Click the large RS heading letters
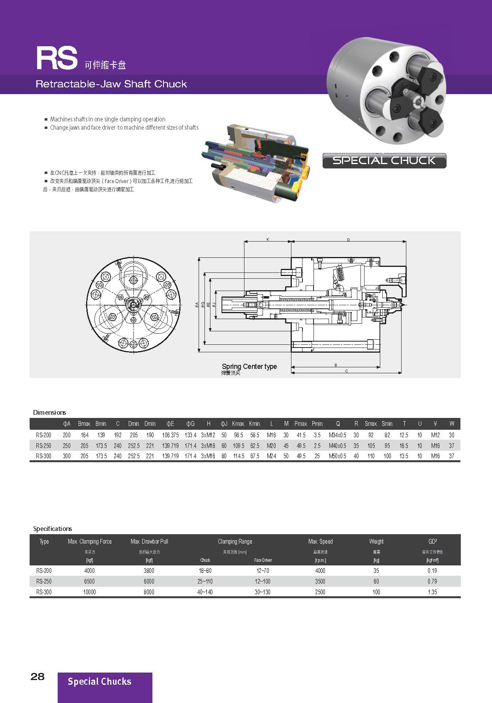pos(56,59)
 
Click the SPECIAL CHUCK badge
pos(384,161)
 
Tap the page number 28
pos(38,677)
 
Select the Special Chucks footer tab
pos(100,681)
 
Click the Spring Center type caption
pos(249,367)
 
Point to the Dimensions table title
pos(49,412)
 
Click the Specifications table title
pos(53,529)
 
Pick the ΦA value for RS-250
pos(67,446)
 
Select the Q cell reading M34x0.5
pos(337,435)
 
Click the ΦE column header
pos(170,423)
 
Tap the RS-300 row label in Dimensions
pos(43,456)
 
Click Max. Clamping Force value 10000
pos(89,592)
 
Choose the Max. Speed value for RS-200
pos(320,571)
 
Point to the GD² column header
pos(432,541)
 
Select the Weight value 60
pos(376,581)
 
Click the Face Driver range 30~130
pos(263,592)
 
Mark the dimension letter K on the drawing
pos(268,239)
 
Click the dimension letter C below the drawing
pos(346,371)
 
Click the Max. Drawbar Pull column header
pos(149,541)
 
